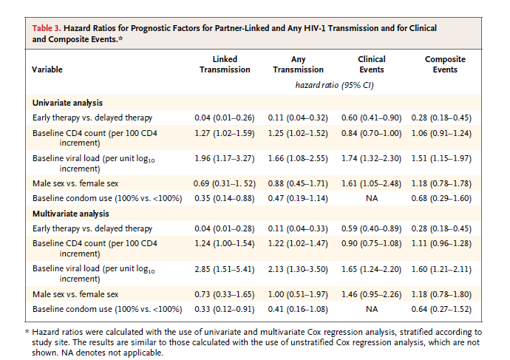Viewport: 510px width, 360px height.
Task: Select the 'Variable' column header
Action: tap(47, 69)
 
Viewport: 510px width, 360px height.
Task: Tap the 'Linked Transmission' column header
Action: tap(225, 64)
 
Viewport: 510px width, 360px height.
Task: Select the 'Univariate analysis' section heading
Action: tap(67, 103)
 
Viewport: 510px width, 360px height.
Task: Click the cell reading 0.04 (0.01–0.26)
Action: tap(225, 118)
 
